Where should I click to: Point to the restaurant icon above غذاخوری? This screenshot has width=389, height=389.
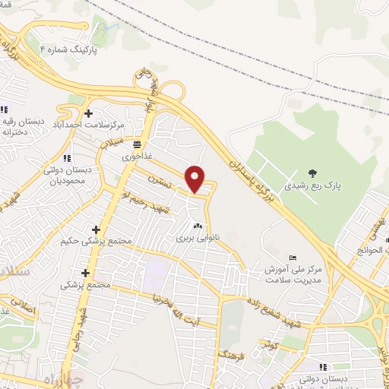138,143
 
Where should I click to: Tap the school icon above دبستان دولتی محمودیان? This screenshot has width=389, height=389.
68,158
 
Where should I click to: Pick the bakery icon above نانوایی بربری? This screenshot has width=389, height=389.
198,226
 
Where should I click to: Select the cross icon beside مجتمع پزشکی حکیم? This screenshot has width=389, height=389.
96,229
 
